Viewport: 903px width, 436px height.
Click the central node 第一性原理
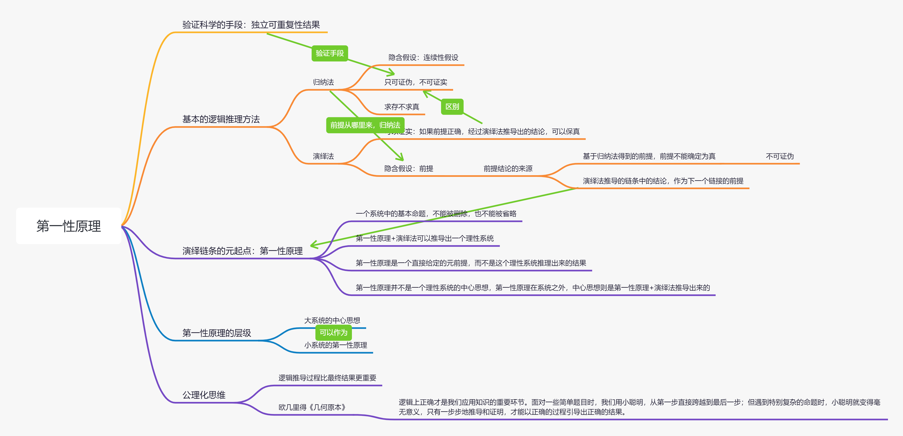point(69,226)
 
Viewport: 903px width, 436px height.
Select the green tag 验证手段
point(330,53)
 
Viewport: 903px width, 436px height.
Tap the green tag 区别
point(452,107)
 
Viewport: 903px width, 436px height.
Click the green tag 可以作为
point(333,332)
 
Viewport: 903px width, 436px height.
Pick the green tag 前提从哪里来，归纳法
point(365,125)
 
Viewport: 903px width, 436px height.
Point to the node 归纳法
point(323,82)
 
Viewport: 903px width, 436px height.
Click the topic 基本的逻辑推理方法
point(221,119)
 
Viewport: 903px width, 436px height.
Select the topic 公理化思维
point(204,395)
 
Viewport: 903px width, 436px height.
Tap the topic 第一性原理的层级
point(217,333)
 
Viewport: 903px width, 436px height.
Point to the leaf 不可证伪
point(780,156)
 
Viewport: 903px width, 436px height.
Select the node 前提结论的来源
point(508,168)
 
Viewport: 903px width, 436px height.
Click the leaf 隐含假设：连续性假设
point(423,57)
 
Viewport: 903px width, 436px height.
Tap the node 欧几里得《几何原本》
point(312,407)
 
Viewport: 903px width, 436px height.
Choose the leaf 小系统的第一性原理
point(336,345)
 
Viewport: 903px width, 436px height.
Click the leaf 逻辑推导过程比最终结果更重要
point(327,378)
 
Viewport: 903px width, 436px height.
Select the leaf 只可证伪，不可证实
point(415,82)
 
